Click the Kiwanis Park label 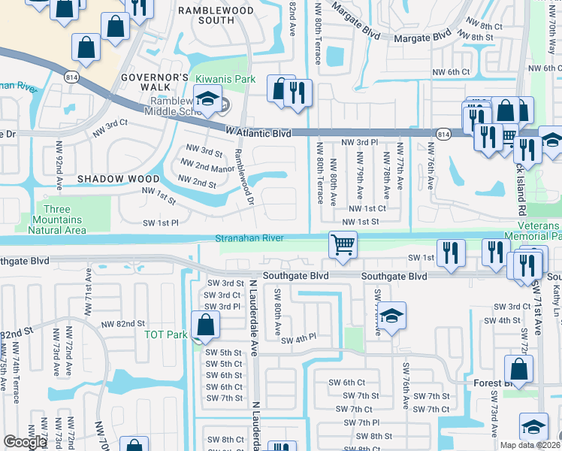225,79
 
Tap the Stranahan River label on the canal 249,238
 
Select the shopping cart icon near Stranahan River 343,244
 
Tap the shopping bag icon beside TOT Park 204,325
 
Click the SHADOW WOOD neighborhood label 119,179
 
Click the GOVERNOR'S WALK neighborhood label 154,83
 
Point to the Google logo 25,442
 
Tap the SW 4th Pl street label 300,340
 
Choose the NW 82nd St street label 119,324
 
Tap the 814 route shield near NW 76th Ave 443,134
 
